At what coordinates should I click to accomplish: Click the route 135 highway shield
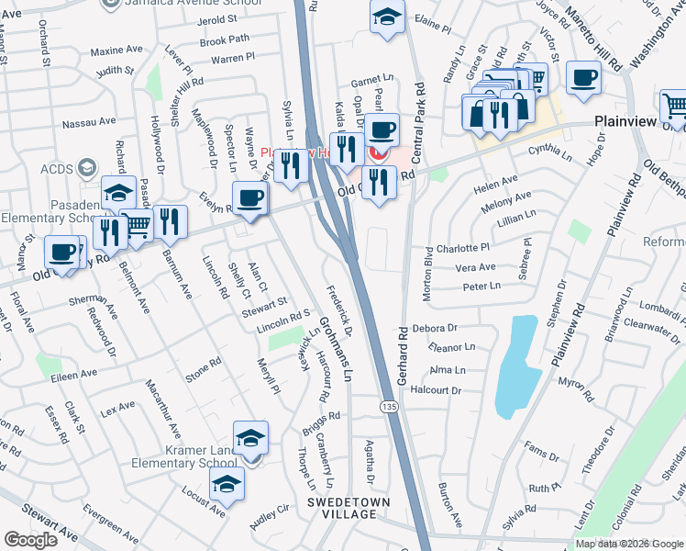[x=390, y=404]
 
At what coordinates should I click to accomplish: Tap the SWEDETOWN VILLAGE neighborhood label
[x=342, y=508]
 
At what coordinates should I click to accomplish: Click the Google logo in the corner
[x=30, y=540]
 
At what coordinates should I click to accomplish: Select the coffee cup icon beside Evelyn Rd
[x=249, y=197]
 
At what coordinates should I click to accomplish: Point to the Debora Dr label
[x=435, y=328]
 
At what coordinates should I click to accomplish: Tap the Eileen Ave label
[x=75, y=375]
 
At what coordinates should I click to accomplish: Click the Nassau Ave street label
[x=89, y=121]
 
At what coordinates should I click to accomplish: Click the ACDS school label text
[x=57, y=168]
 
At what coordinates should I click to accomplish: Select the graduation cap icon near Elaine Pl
[x=387, y=17]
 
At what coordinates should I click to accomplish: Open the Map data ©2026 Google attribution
[x=629, y=544]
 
